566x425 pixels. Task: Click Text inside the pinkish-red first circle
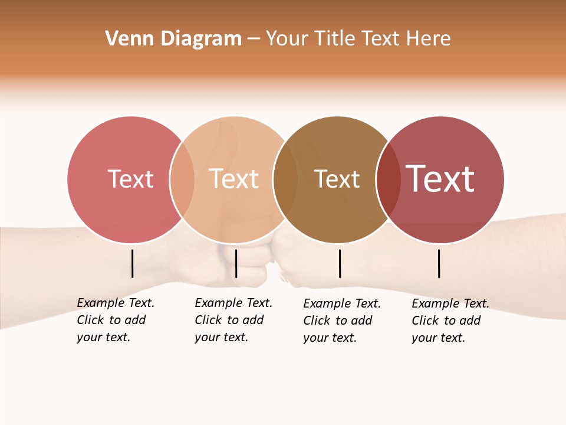130,179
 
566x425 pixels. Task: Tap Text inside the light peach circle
234,179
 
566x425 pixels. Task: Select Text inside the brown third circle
337,179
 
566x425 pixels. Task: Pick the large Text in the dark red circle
440,179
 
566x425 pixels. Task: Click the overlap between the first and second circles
182,179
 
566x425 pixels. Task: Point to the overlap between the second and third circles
285,179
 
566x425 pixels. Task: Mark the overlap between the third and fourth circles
388,179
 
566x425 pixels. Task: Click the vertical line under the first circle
133,263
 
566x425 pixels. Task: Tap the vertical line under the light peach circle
236,263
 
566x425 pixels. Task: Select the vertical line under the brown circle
340,263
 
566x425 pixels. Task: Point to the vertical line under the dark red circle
439,263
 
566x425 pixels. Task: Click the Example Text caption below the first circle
115,320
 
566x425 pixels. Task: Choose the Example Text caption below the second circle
233,320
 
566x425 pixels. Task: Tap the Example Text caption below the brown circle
341,321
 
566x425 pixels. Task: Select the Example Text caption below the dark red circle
450,321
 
